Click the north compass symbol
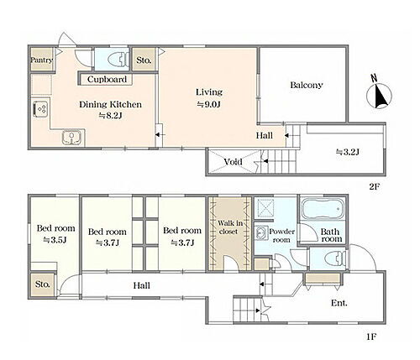pos(379,93)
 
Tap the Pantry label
pos(41,60)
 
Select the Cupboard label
pos(107,80)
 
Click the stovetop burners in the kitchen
pos(41,109)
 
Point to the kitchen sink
pos(72,138)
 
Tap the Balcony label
pos(307,85)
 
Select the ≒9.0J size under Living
pos(209,104)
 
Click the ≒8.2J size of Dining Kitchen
pos(110,116)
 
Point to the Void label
pos(233,162)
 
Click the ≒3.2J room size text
pos(347,152)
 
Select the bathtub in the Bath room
pos(323,209)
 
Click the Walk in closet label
pos(230,227)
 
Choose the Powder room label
pos(281,236)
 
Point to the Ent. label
pos(339,303)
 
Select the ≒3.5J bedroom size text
pos(55,240)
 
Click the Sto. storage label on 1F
pos(42,284)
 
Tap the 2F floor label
pos(374,186)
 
